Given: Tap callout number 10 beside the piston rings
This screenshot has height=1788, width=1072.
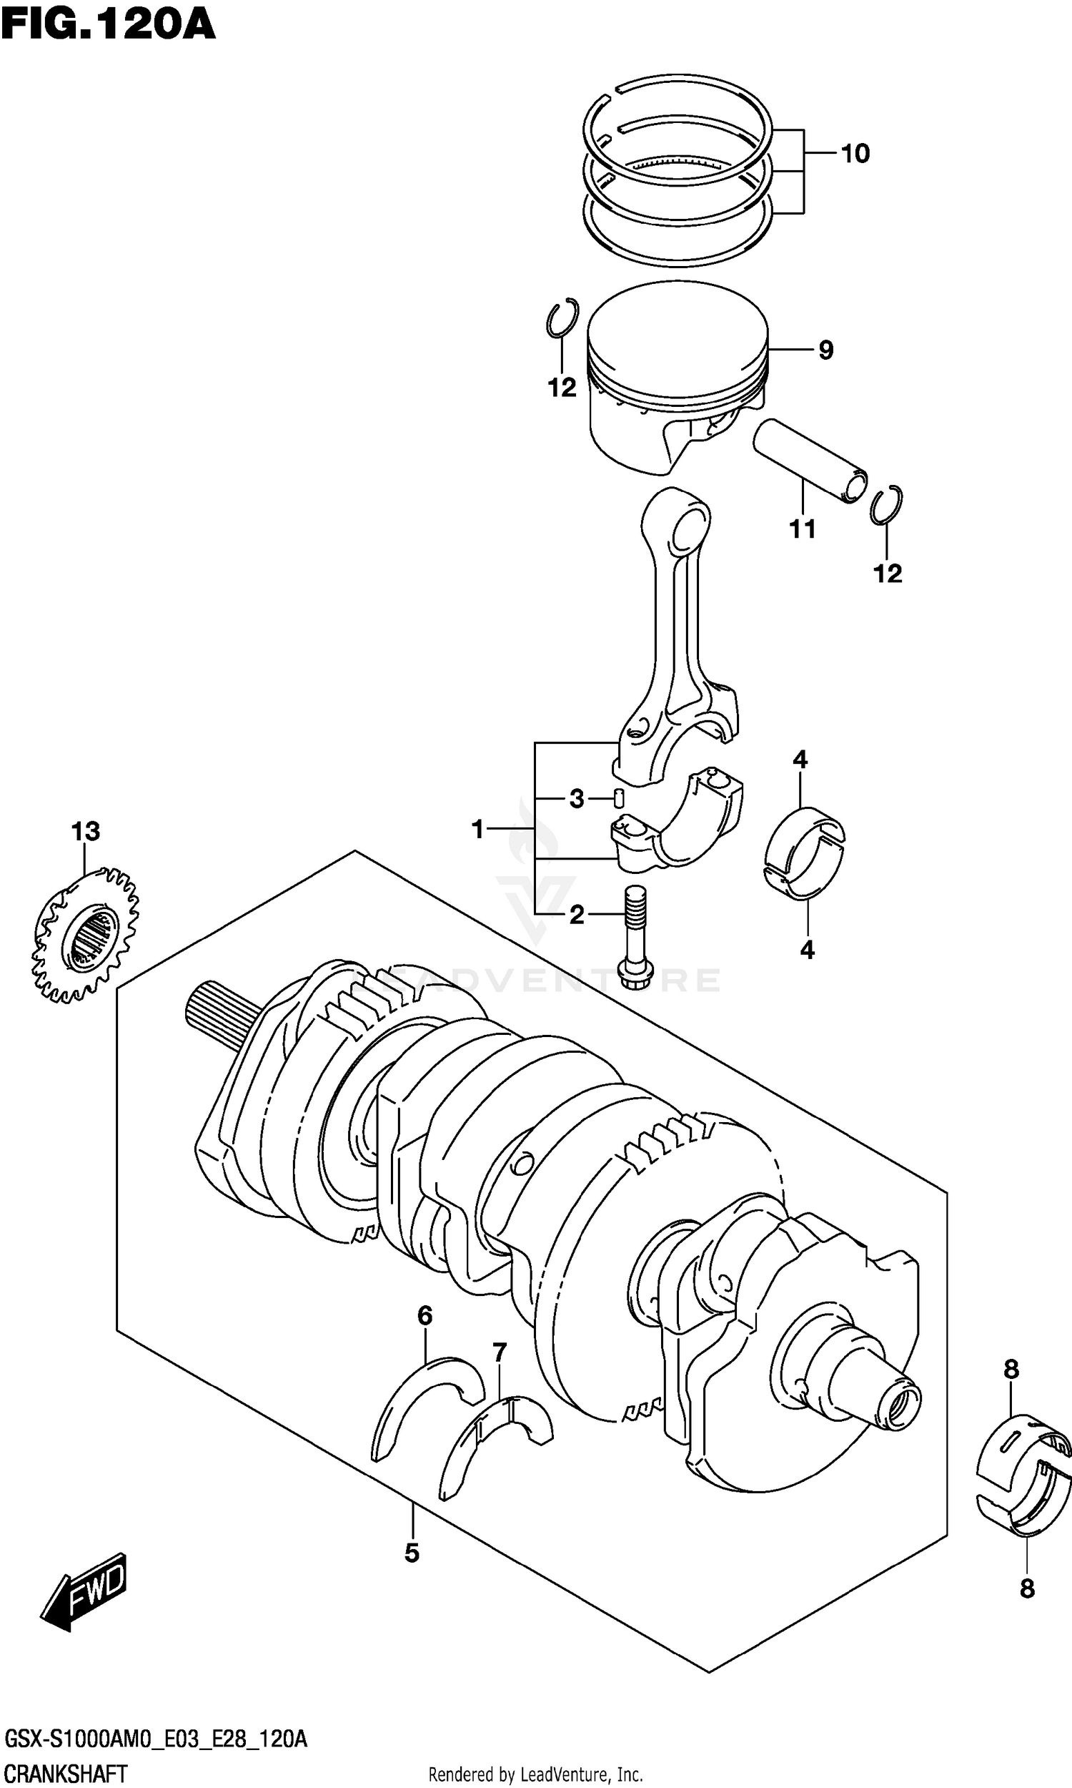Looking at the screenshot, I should coord(855,153).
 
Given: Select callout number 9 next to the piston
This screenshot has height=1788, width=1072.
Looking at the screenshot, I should coord(825,350).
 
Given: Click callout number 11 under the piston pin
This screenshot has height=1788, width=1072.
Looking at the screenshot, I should coord(802,529).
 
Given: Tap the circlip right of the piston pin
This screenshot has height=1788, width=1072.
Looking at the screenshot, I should coord(886,504).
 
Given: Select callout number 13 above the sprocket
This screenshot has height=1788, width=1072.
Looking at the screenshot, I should coord(85,831).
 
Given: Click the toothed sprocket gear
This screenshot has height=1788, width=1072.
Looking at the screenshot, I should coord(85,937).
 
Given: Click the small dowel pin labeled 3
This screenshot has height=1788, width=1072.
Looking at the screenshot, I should coord(618,799).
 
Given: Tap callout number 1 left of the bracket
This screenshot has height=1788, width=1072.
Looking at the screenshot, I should coord(477,829).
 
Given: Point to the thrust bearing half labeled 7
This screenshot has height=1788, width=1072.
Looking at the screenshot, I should coord(497,1443).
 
